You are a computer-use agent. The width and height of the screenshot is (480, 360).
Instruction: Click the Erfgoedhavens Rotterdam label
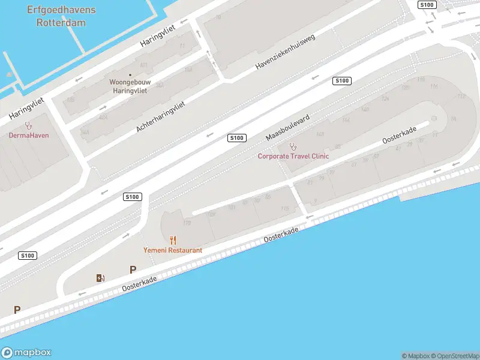click(61, 17)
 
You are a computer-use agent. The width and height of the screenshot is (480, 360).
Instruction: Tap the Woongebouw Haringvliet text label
click(130, 86)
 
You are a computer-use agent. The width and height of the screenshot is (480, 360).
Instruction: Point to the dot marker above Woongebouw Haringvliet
click(130, 75)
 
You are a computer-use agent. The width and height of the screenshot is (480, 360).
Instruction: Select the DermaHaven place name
click(29, 135)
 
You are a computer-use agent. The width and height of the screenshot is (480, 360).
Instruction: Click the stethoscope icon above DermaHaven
click(28, 125)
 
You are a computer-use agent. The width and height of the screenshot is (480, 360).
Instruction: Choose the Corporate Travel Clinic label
click(293, 156)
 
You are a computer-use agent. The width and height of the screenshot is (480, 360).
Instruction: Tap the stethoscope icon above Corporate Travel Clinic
click(293, 146)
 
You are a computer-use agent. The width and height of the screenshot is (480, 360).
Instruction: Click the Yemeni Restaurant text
click(173, 250)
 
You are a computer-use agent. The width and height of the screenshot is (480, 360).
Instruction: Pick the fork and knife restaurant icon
click(173, 240)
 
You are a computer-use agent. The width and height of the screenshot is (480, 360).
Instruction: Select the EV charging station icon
click(100, 278)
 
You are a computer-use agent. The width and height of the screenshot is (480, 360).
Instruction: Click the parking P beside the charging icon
click(133, 270)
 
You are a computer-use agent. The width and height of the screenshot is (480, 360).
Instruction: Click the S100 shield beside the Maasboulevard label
click(236, 138)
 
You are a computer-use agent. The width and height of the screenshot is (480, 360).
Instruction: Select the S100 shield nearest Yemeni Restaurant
click(132, 197)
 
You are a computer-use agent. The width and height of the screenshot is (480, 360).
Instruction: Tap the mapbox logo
click(26, 353)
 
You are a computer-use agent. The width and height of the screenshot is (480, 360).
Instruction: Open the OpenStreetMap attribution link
click(455, 356)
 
